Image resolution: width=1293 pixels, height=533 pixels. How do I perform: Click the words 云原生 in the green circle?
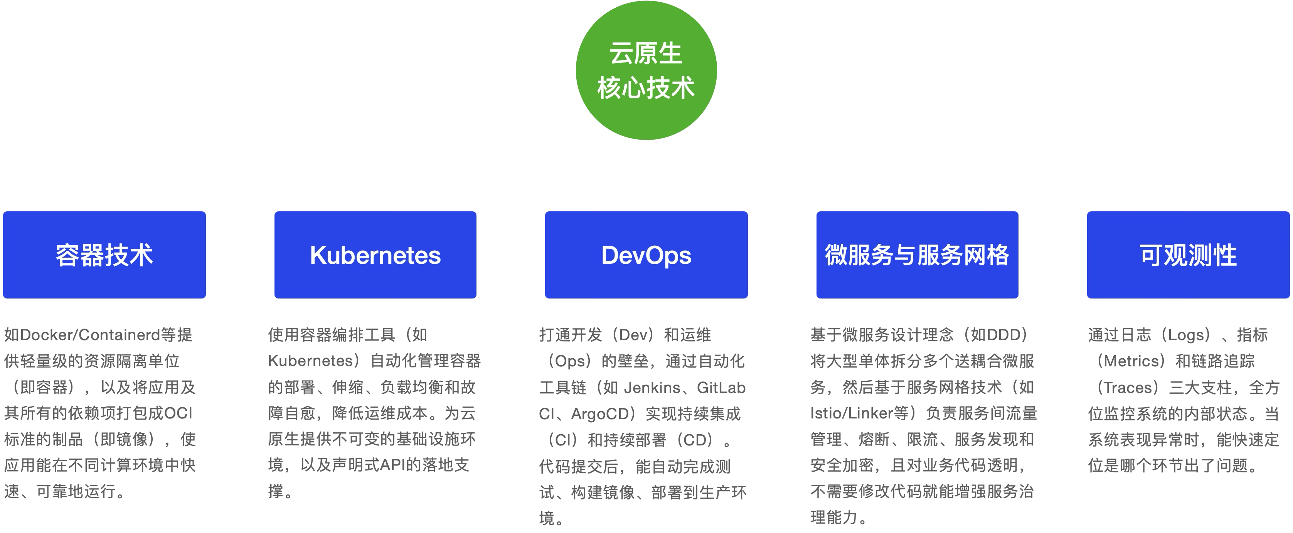tap(646, 53)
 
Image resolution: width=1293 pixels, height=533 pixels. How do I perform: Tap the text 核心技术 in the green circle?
tap(646, 88)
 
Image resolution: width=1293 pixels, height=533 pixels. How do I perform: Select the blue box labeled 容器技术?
tap(104, 255)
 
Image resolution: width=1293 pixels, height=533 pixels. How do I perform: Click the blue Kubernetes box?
tap(375, 255)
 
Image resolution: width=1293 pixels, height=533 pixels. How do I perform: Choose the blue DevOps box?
tap(646, 255)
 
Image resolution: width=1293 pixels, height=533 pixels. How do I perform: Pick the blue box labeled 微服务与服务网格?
tap(917, 255)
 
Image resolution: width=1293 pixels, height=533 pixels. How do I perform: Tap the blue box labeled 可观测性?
tap(1188, 255)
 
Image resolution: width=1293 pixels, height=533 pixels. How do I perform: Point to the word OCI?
tap(178, 413)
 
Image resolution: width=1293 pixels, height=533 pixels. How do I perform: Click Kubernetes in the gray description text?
tap(311, 361)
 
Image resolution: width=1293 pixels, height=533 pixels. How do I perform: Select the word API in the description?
tap(392, 465)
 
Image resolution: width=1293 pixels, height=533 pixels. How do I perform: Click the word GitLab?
tap(721, 387)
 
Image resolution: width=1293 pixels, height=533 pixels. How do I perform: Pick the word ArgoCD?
tap(600, 413)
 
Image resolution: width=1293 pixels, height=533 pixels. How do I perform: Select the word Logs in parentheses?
tap(1185, 334)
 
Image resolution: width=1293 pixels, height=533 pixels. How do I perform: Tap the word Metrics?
tap(1133, 361)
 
